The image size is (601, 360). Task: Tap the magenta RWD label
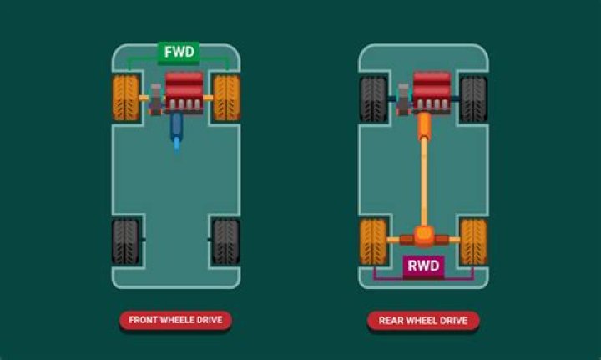tap(423, 267)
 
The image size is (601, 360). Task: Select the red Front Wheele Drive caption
tap(175, 320)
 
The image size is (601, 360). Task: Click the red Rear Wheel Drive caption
tap(423, 320)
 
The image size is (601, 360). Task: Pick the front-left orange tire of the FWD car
tap(126, 98)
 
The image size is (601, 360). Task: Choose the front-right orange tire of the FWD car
tap(226, 98)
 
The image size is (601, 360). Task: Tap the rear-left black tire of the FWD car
tap(126, 241)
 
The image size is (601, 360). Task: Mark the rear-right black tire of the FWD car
tap(226, 241)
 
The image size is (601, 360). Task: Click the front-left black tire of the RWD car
tap(373, 99)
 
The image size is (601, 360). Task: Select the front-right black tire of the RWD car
tap(473, 99)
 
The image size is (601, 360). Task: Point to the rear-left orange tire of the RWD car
tap(373, 241)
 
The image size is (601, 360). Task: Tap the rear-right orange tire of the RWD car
tap(473, 241)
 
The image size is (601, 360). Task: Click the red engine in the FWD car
tap(184, 90)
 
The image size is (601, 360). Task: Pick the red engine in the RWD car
tap(432, 90)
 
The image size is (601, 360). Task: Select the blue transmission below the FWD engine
tap(176, 129)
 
